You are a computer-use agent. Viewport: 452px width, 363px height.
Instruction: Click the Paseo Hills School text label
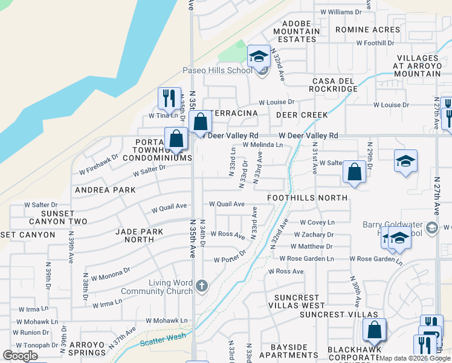coord(218,70)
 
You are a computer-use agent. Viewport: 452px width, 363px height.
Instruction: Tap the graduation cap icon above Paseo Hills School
coord(259,57)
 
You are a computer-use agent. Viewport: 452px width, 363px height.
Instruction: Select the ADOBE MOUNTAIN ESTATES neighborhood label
coord(297,31)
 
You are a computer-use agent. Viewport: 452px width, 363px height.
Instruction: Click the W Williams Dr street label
coord(341,11)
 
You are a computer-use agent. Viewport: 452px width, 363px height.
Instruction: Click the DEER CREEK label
coord(302,115)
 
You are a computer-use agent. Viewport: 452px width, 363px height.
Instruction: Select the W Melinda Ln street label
coord(263,145)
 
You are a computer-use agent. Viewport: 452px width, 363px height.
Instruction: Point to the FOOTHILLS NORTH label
coord(308,197)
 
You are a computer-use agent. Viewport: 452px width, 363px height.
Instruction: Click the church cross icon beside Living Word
coord(201,285)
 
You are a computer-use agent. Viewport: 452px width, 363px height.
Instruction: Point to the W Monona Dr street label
coord(109,270)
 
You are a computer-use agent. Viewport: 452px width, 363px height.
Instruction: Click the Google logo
coord(19,356)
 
